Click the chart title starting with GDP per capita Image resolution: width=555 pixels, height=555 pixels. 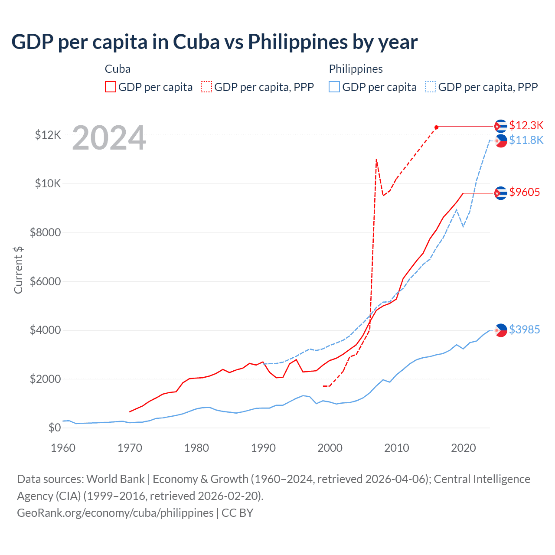click(x=215, y=42)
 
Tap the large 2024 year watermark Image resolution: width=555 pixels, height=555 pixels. click(x=109, y=138)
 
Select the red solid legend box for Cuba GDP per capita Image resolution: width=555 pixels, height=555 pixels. click(x=111, y=87)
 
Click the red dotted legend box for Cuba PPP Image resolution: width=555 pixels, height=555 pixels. click(x=206, y=87)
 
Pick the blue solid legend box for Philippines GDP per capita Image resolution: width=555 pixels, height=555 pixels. click(x=334, y=87)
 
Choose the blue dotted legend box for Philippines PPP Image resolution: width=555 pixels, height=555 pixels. click(x=431, y=87)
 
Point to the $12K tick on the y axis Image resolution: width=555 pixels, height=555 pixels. click(x=48, y=135)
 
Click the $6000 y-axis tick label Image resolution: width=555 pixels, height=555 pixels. click(x=45, y=281)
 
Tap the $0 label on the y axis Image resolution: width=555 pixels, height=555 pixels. click(x=54, y=428)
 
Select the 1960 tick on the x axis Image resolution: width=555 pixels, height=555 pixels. click(x=63, y=448)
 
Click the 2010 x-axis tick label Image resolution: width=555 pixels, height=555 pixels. click(x=397, y=448)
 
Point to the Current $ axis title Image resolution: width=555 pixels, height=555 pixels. click(x=18, y=270)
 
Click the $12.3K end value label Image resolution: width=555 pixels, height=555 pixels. click(x=526, y=125)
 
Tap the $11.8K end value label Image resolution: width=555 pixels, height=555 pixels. click(x=526, y=140)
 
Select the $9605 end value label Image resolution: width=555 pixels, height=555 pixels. click(x=525, y=192)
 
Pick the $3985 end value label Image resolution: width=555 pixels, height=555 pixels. click(x=525, y=330)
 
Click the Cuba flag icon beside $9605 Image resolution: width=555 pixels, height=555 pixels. click(x=501, y=193)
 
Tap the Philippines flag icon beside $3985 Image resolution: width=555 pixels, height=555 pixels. click(x=501, y=330)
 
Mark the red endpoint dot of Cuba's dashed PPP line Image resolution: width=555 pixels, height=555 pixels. click(x=437, y=127)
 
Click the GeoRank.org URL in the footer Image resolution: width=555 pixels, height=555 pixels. click(x=115, y=513)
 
